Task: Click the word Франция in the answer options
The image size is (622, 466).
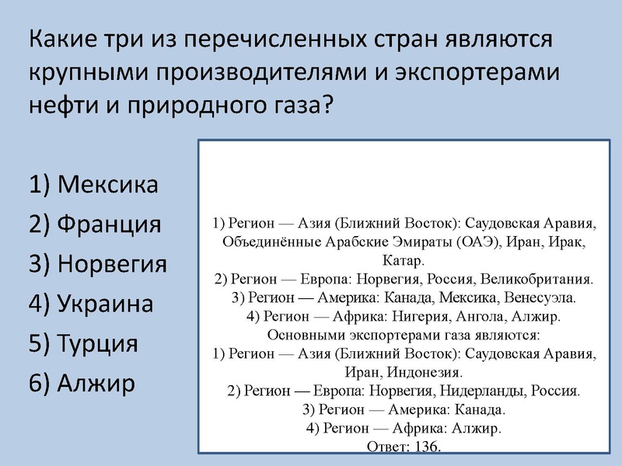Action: [x=110, y=224]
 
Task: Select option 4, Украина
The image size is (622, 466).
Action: [x=105, y=304]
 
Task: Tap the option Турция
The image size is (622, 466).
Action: [x=98, y=343]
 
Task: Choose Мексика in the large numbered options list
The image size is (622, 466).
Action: [x=108, y=185]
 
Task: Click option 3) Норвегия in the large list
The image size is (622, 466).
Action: [x=113, y=264]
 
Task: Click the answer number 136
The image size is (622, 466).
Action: [x=428, y=447]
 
